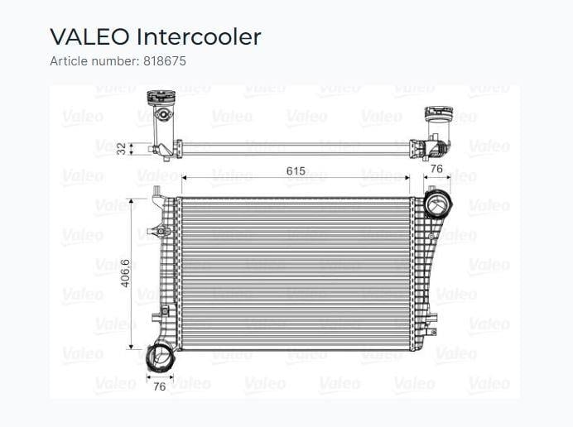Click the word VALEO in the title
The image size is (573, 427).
click(x=90, y=37)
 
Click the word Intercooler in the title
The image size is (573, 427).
click(x=199, y=37)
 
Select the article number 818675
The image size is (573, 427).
click(x=165, y=61)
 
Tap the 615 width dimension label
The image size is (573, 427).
click(x=296, y=170)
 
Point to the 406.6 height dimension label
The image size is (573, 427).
click(x=125, y=273)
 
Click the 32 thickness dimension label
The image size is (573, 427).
click(x=121, y=149)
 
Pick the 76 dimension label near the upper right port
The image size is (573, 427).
click(x=436, y=169)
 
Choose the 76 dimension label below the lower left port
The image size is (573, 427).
click(x=159, y=386)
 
